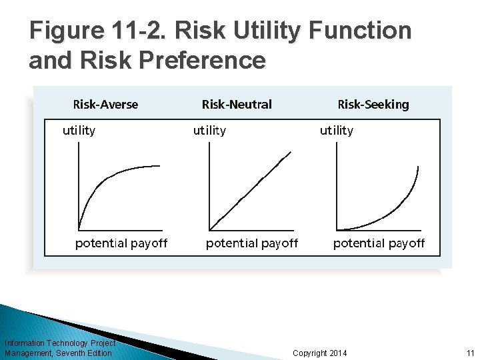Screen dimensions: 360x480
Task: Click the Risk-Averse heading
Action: pos(105,104)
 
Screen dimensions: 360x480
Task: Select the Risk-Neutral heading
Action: pos(237,104)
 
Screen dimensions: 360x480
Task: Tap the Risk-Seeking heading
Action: pos(373,104)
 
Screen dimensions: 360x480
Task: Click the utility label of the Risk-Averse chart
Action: pos(79,131)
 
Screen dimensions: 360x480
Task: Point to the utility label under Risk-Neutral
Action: pos(209,131)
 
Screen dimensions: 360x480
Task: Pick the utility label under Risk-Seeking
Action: pos(337,131)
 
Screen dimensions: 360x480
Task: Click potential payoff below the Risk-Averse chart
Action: pos(121,243)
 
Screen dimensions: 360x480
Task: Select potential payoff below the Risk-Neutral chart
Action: pos(252,243)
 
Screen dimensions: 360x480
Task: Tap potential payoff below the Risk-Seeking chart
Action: pos(379,243)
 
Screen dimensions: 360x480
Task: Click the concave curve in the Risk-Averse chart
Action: pos(110,180)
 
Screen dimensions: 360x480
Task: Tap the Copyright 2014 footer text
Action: pos(320,353)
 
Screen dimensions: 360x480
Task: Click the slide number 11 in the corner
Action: pos(470,353)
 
